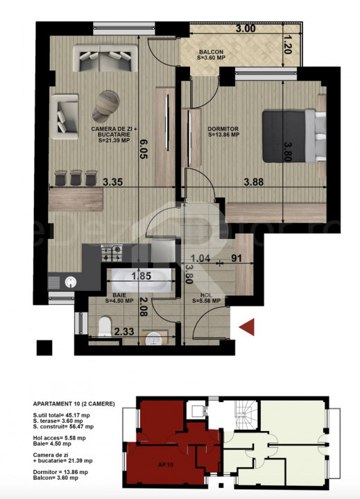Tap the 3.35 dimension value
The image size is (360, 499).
[x=112, y=183]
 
